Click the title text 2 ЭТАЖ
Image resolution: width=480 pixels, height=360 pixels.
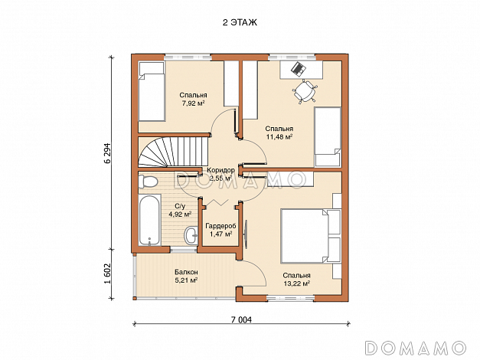240,22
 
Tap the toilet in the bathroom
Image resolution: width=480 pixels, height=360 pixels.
148,182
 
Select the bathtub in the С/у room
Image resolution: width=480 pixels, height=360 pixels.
149,220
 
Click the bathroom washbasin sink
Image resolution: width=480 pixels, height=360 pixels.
191,235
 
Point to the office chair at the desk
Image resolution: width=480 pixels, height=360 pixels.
305,91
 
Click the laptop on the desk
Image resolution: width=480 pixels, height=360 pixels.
298,68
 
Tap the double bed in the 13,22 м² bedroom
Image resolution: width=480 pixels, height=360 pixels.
310,236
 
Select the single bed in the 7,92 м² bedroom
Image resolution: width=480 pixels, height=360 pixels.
152,91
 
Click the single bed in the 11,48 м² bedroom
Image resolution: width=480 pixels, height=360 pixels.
328,136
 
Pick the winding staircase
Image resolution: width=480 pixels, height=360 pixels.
173,152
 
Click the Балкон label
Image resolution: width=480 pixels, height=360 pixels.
186,272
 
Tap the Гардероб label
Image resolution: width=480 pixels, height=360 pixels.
220,226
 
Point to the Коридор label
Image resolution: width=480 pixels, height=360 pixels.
220,170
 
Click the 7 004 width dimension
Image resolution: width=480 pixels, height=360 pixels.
241,320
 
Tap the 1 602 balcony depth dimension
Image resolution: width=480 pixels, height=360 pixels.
107,273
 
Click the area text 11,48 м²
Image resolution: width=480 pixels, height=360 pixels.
279,136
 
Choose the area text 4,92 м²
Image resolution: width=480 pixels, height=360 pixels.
180,214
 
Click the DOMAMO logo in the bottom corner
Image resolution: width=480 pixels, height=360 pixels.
416,348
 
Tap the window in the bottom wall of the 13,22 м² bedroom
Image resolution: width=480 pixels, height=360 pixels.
290,297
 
